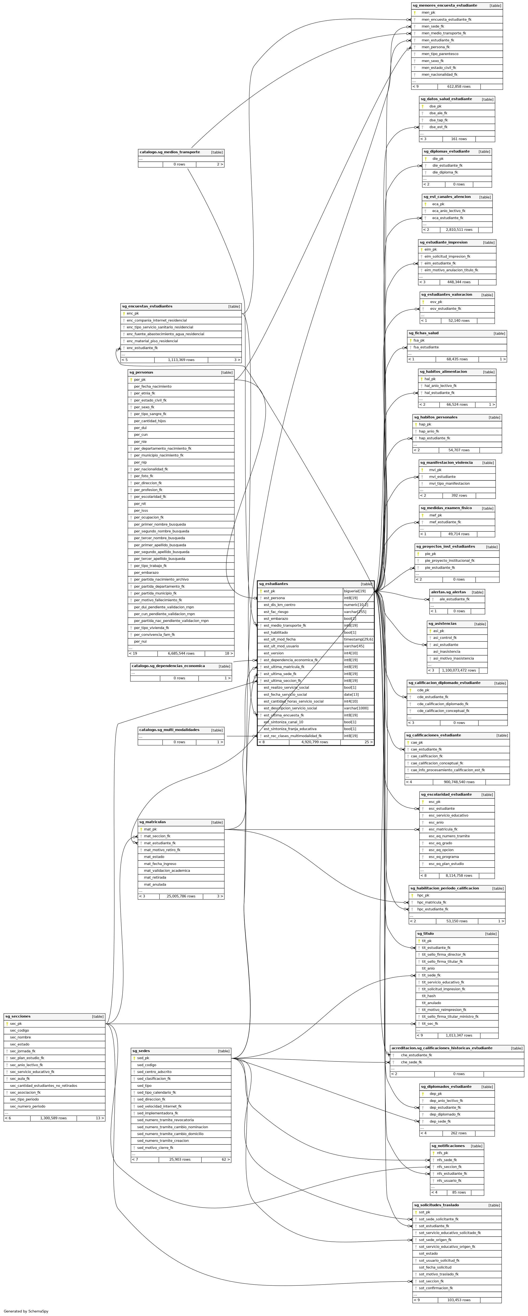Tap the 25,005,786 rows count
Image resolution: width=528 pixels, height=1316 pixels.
coord(181,896)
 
